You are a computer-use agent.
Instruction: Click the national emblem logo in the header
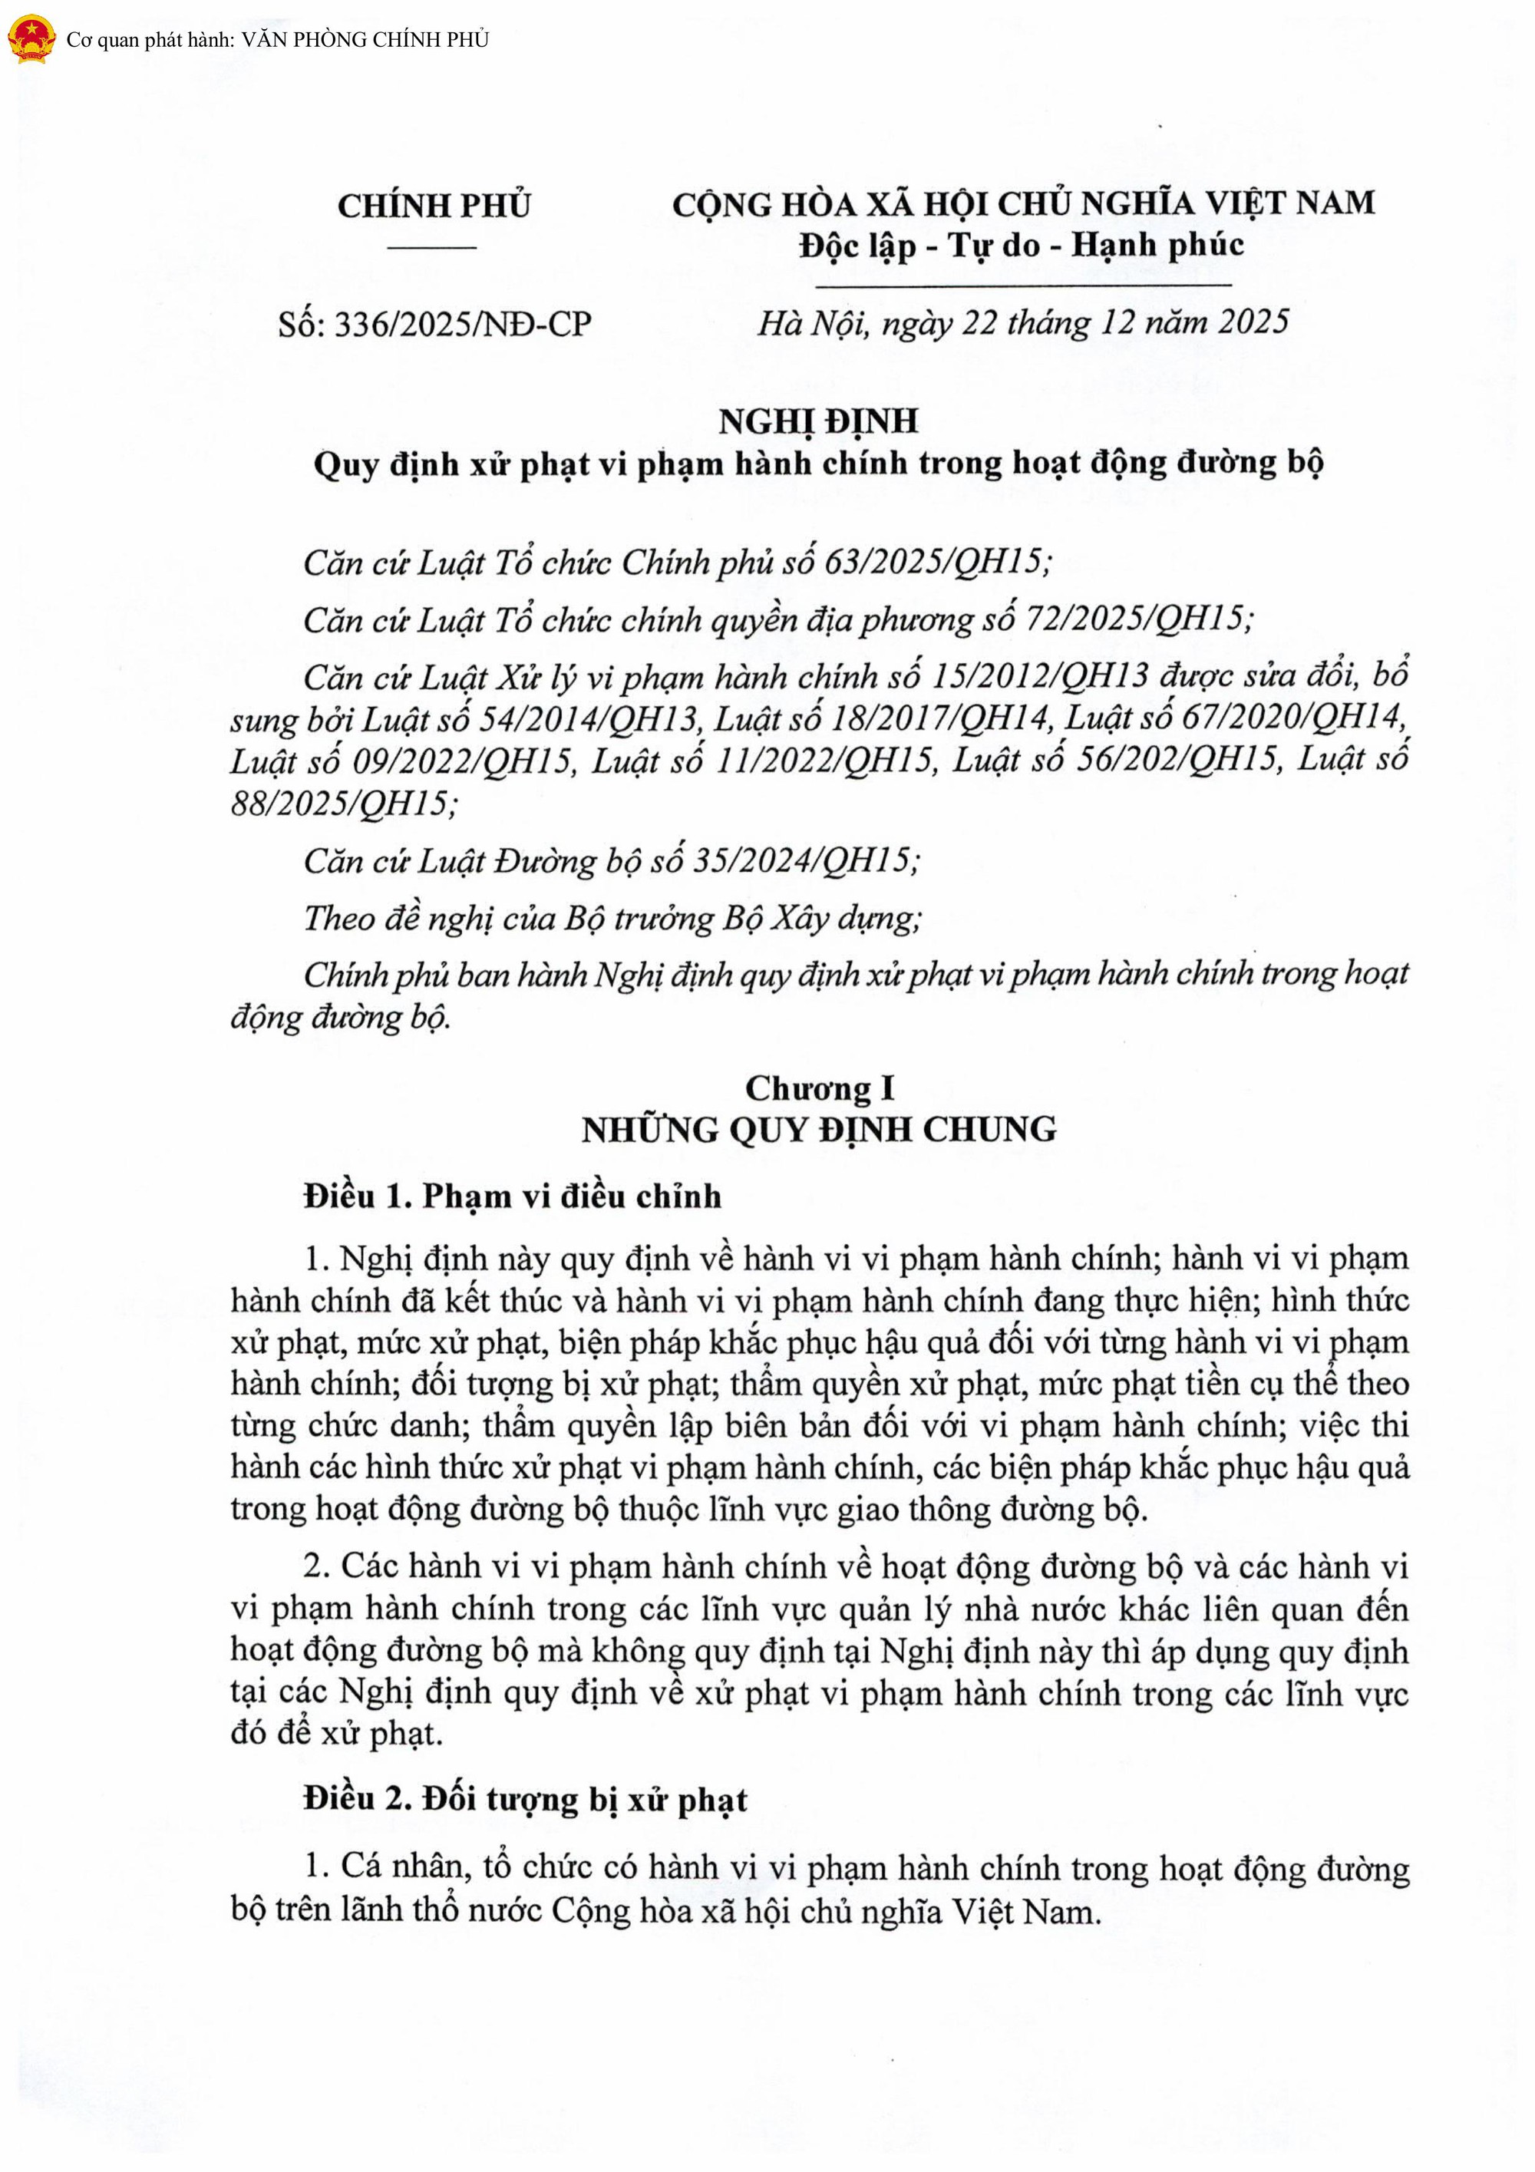click(30, 40)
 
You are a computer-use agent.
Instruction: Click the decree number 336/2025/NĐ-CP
click(464, 325)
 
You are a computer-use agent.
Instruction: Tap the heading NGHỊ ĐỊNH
click(818, 421)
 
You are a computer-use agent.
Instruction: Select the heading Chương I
click(819, 1088)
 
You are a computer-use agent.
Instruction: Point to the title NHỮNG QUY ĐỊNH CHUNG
click(819, 1130)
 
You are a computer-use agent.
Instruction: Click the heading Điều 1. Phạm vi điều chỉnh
click(513, 1197)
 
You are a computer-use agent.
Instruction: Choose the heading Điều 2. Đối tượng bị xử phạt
click(525, 1798)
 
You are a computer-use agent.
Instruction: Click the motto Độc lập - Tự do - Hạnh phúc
click(1022, 246)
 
